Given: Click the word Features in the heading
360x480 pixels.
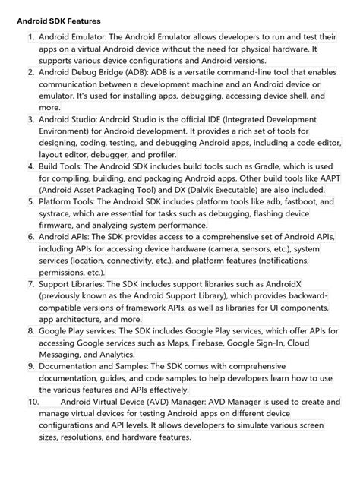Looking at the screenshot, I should tap(78, 21).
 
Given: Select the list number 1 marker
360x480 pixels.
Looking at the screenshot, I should tap(30, 36).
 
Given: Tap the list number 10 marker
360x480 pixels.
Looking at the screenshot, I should tap(32, 402).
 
